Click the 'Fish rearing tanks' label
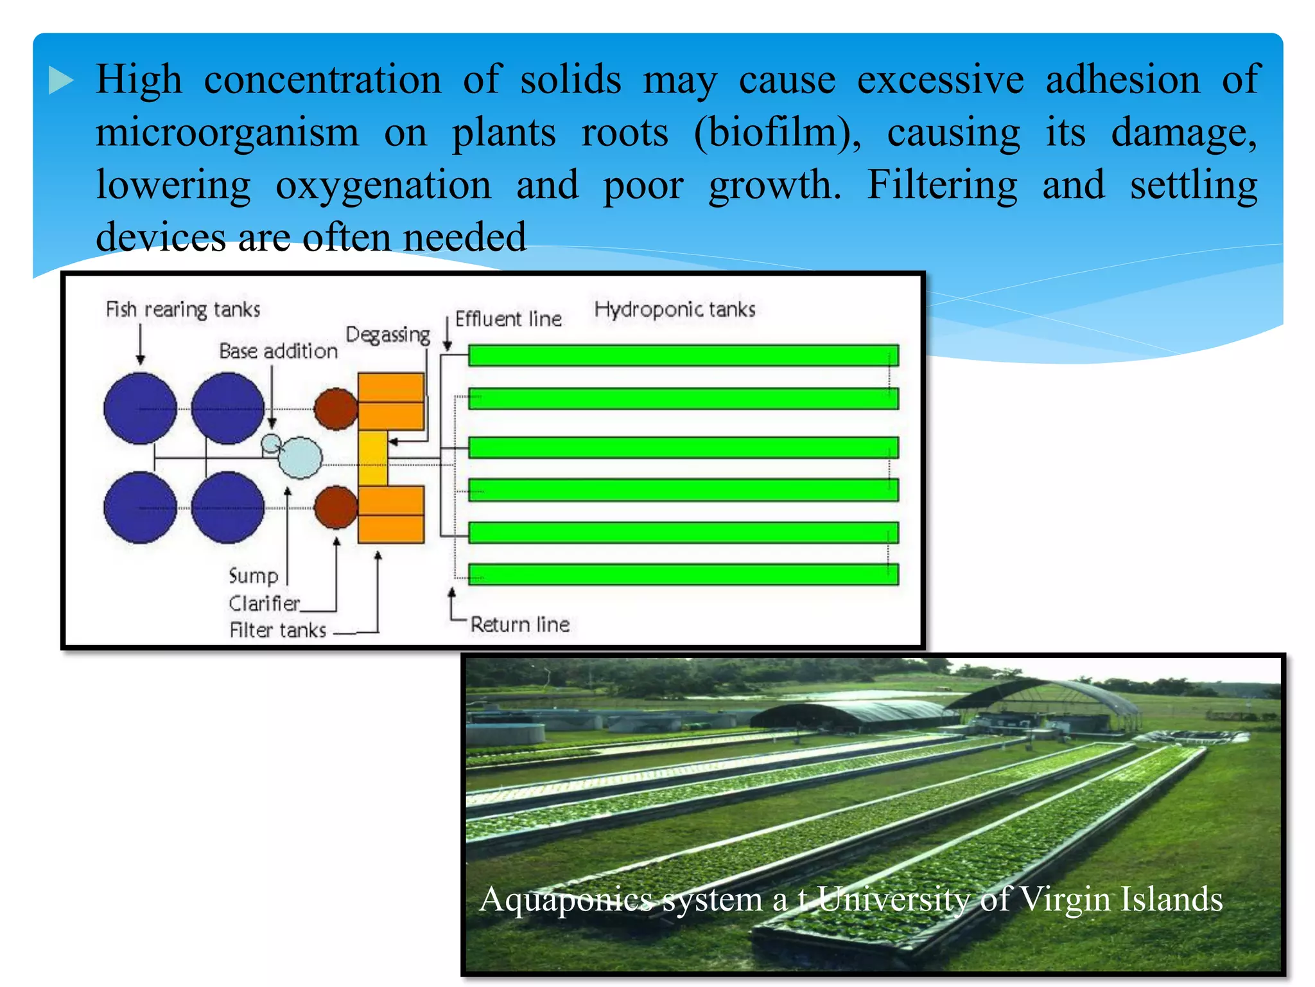tap(183, 310)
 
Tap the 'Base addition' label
tap(278, 351)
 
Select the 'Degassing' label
tap(388, 335)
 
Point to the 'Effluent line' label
tap(508, 319)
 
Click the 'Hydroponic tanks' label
tap(674, 310)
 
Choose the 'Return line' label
tap(520, 624)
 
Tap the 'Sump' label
tap(254, 575)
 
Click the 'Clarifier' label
tap(264, 603)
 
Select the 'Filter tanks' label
tap(278, 630)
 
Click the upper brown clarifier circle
tap(336, 409)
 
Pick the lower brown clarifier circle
tap(336, 507)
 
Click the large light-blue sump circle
tap(300, 458)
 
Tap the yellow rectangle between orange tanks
tap(372, 458)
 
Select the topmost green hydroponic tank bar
tap(683, 355)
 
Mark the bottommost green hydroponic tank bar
tap(683, 574)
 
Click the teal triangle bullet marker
tap(61, 81)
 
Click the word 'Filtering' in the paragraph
tap(942, 185)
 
